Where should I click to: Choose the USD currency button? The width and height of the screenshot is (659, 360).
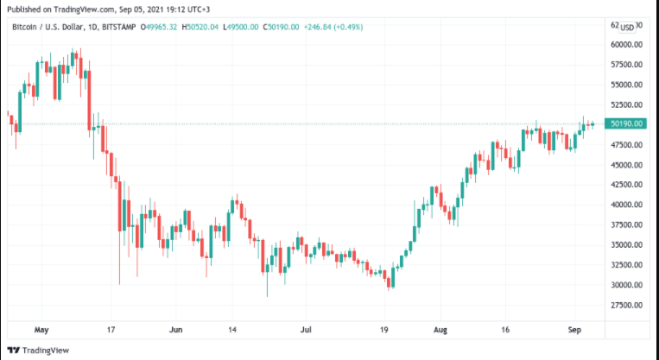(628, 27)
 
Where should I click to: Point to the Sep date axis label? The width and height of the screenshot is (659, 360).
(575, 329)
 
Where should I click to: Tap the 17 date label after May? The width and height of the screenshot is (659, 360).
(110, 329)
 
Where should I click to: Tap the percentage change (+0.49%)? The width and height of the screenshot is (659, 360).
(348, 27)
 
